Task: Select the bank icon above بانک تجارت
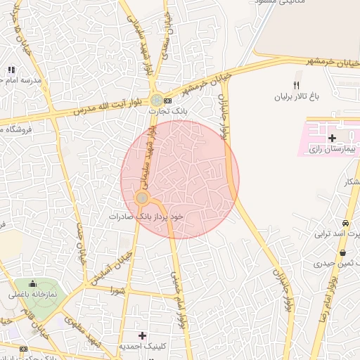pyautogui.click(x=168, y=101)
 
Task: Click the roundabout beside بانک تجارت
pyautogui.click(x=156, y=101)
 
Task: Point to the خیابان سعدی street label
pyautogui.click(x=167, y=28)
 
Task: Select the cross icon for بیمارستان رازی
pyautogui.click(x=332, y=138)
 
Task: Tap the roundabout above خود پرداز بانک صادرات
pyautogui.click(x=142, y=199)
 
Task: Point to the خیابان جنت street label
pyautogui.click(x=79, y=238)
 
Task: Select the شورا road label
pyautogui.click(x=117, y=290)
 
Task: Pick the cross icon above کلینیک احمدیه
pyautogui.click(x=142, y=335)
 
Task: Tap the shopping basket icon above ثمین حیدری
pyautogui.click(x=342, y=252)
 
